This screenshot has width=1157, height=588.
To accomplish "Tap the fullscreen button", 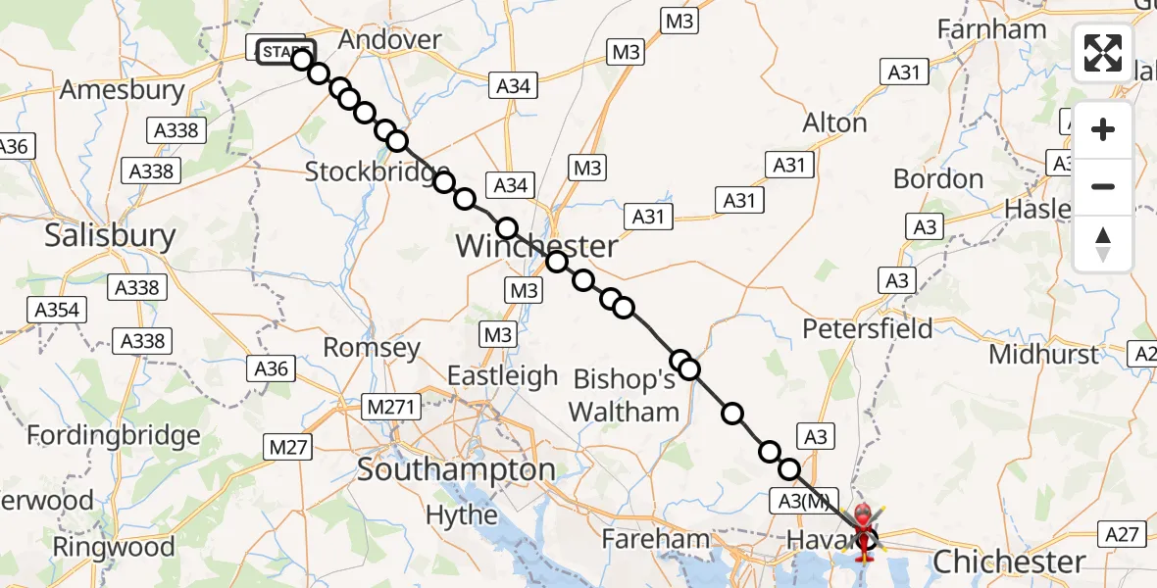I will (x=1103, y=52).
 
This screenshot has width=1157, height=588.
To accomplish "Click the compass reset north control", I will (x=1103, y=244).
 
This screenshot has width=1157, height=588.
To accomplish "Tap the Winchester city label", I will (x=536, y=246).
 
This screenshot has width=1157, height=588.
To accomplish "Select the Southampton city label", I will (x=456, y=469).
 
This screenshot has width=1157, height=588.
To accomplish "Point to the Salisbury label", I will (x=111, y=235).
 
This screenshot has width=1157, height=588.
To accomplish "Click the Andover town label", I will (x=389, y=39).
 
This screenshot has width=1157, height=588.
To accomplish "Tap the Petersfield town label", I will (x=868, y=327).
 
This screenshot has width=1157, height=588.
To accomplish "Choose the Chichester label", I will (x=1009, y=562).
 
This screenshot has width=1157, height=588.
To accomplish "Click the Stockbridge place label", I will (x=377, y=171).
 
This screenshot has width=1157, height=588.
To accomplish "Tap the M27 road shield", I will (x=288, y=448).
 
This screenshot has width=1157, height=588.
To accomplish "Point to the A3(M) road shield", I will (x=803, y=501).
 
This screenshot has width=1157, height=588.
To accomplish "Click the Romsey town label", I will (x=372, y=347).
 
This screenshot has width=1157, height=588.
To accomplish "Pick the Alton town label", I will (x=834, y=123).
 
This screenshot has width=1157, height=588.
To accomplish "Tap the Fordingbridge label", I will (x=114, y=434).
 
